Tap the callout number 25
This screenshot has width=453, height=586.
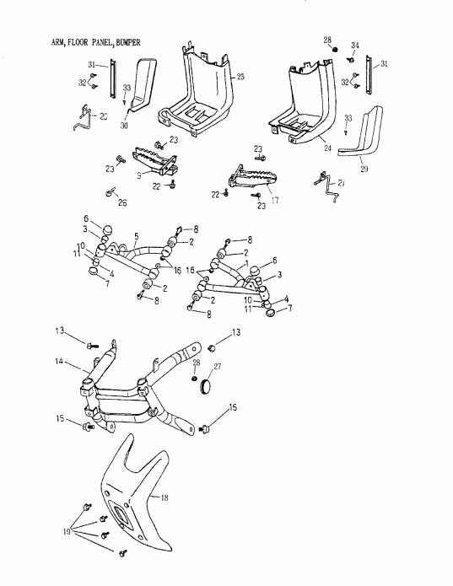pos(240,77)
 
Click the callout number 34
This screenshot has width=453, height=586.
pos(355,45)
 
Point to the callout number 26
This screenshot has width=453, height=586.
pos(123,203)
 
